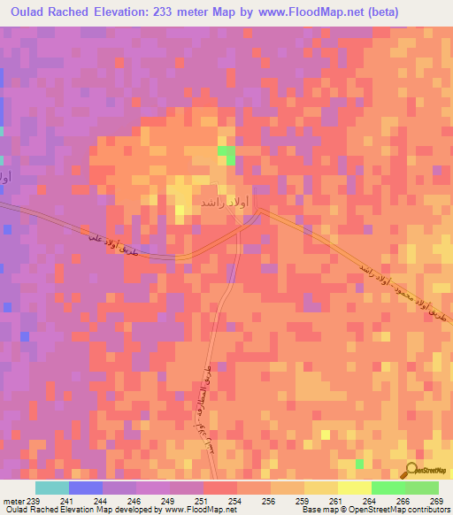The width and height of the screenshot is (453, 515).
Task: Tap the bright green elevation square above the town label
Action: pyautogui.click(x=226, y=156)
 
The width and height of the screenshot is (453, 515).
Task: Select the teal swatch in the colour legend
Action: pyautogui.click(x=52, y=488)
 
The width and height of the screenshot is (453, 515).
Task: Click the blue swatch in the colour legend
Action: pyautogui.click(x=86, y=488)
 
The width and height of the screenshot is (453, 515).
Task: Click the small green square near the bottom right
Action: pyautogui.click(x=359, y=464)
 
